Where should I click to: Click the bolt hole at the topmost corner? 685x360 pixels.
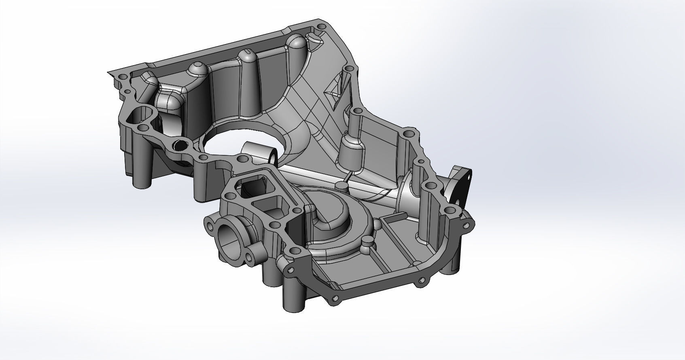click(322, 27)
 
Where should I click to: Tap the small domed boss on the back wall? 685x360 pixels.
click(197, 70)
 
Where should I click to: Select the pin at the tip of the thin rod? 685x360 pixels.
click(342, 186)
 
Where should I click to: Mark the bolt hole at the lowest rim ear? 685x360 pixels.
click(334, 299)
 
